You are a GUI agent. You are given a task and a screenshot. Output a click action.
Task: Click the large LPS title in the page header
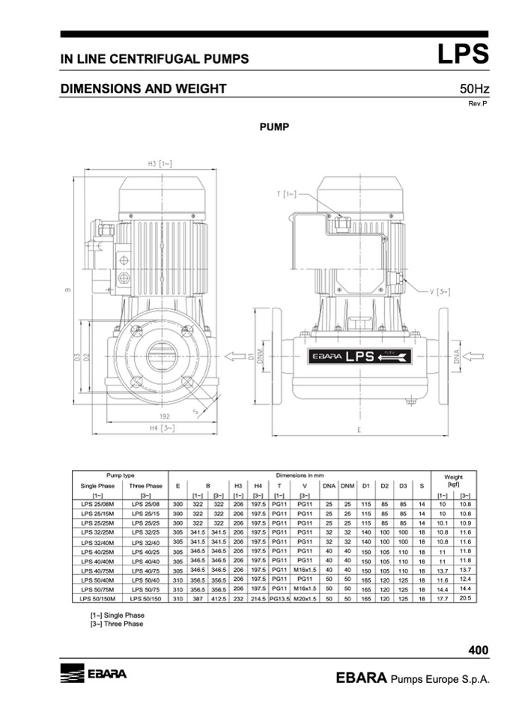click(x=462, y=55)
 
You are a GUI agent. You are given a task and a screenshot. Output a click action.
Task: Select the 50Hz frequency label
click(x=474, y=89)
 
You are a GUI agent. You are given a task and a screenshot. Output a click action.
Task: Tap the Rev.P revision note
click(x=478, y=103)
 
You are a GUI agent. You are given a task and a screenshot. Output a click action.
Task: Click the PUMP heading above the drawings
click(x=274, y=127)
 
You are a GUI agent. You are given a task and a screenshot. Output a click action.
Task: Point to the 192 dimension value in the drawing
click(x=164, y=416)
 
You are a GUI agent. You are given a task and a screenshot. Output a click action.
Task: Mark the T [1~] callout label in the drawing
click(x=286, y=194)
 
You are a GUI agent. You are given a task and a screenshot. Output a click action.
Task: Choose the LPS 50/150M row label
click(x=97, y=599)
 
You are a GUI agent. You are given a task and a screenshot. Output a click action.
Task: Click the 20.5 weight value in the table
click(x=464, y=599)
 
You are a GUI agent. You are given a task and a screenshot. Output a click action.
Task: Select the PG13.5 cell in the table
click(x=279, y=599)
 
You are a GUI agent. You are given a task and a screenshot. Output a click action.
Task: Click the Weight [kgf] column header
click(x=453, y=480)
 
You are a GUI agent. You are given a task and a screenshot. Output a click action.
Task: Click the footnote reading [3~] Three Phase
click(x=117, y=624)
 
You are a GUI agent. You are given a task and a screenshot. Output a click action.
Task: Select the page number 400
click(x=478, y=650)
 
